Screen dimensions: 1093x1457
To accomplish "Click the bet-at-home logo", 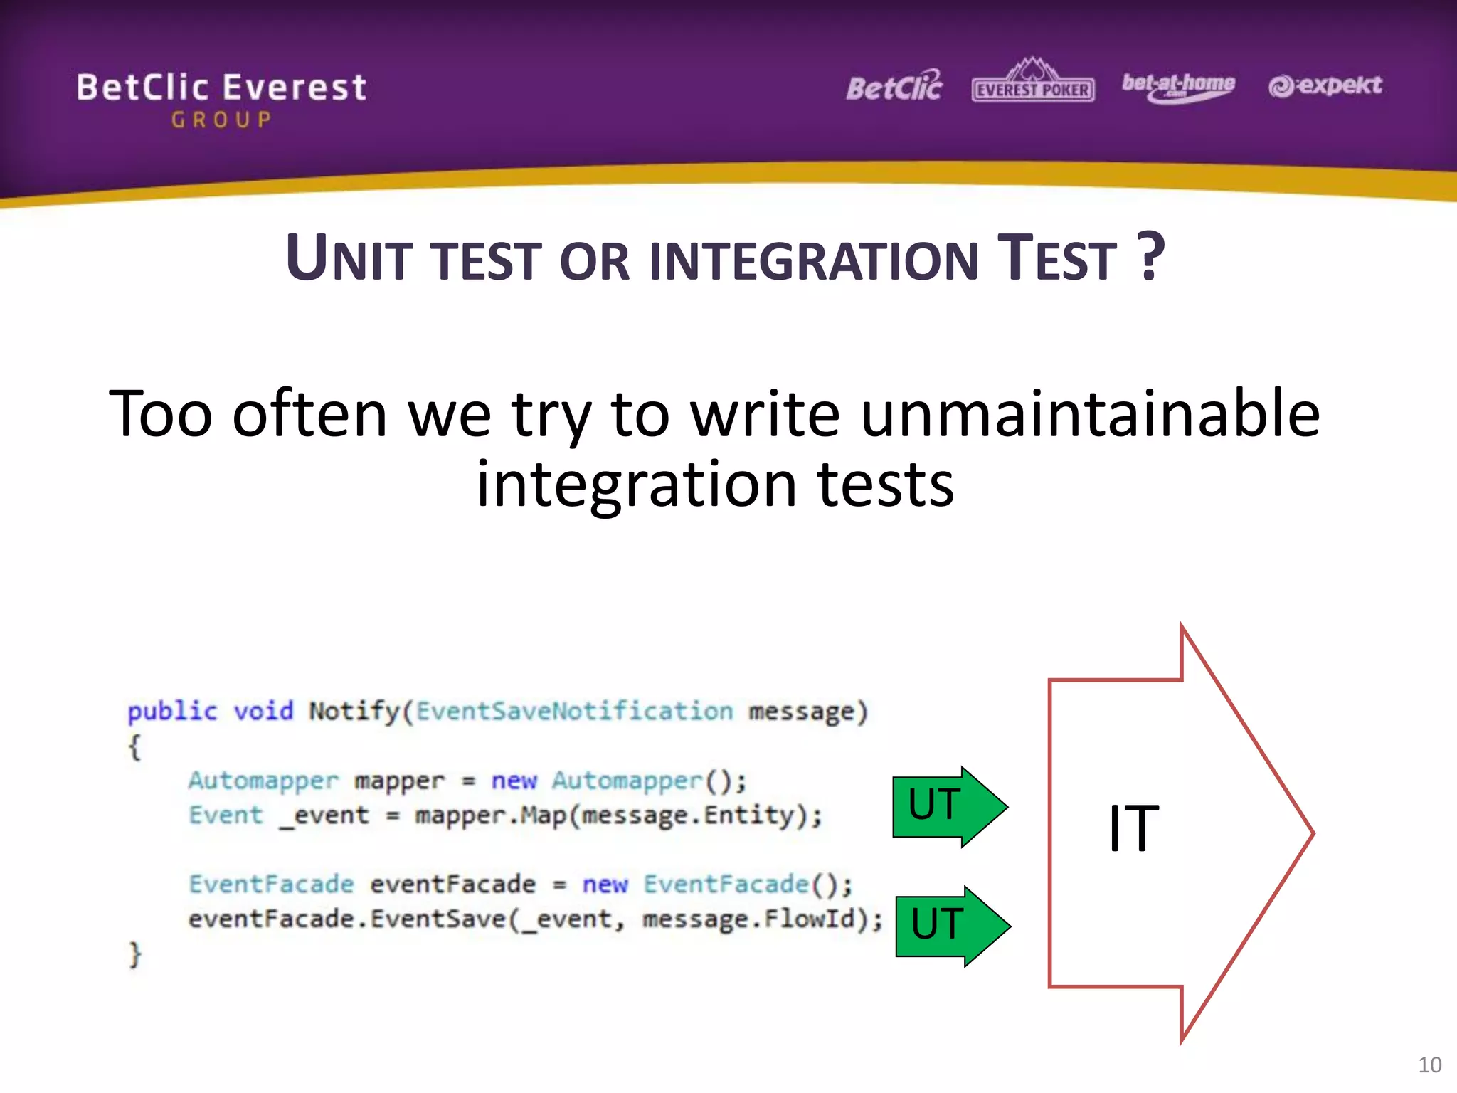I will [x=1178, y=86].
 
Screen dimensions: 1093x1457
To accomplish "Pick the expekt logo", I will [x=1325, y=86].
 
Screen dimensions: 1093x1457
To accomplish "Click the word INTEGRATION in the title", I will [x=815, y=260].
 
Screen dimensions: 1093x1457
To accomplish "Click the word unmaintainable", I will [x=1090, y=415].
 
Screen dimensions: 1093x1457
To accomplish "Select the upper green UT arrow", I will [x=949, y=806].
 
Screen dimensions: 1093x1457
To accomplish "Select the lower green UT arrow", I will [x=952, y=926].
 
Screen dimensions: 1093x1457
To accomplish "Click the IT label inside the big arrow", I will [x=1133, y=828].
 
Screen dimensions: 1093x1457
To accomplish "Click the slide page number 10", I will [x=1429, y=1065].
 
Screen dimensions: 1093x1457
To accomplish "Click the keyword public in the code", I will [x=172, y=711].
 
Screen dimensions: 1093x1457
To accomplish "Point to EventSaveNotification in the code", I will [x=574, y=711].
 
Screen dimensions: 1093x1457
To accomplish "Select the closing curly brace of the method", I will [x=135, y=954].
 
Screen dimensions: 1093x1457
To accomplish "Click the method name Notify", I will [x=354, y=711].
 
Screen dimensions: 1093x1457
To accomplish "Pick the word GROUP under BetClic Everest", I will [x=221, y=120].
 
